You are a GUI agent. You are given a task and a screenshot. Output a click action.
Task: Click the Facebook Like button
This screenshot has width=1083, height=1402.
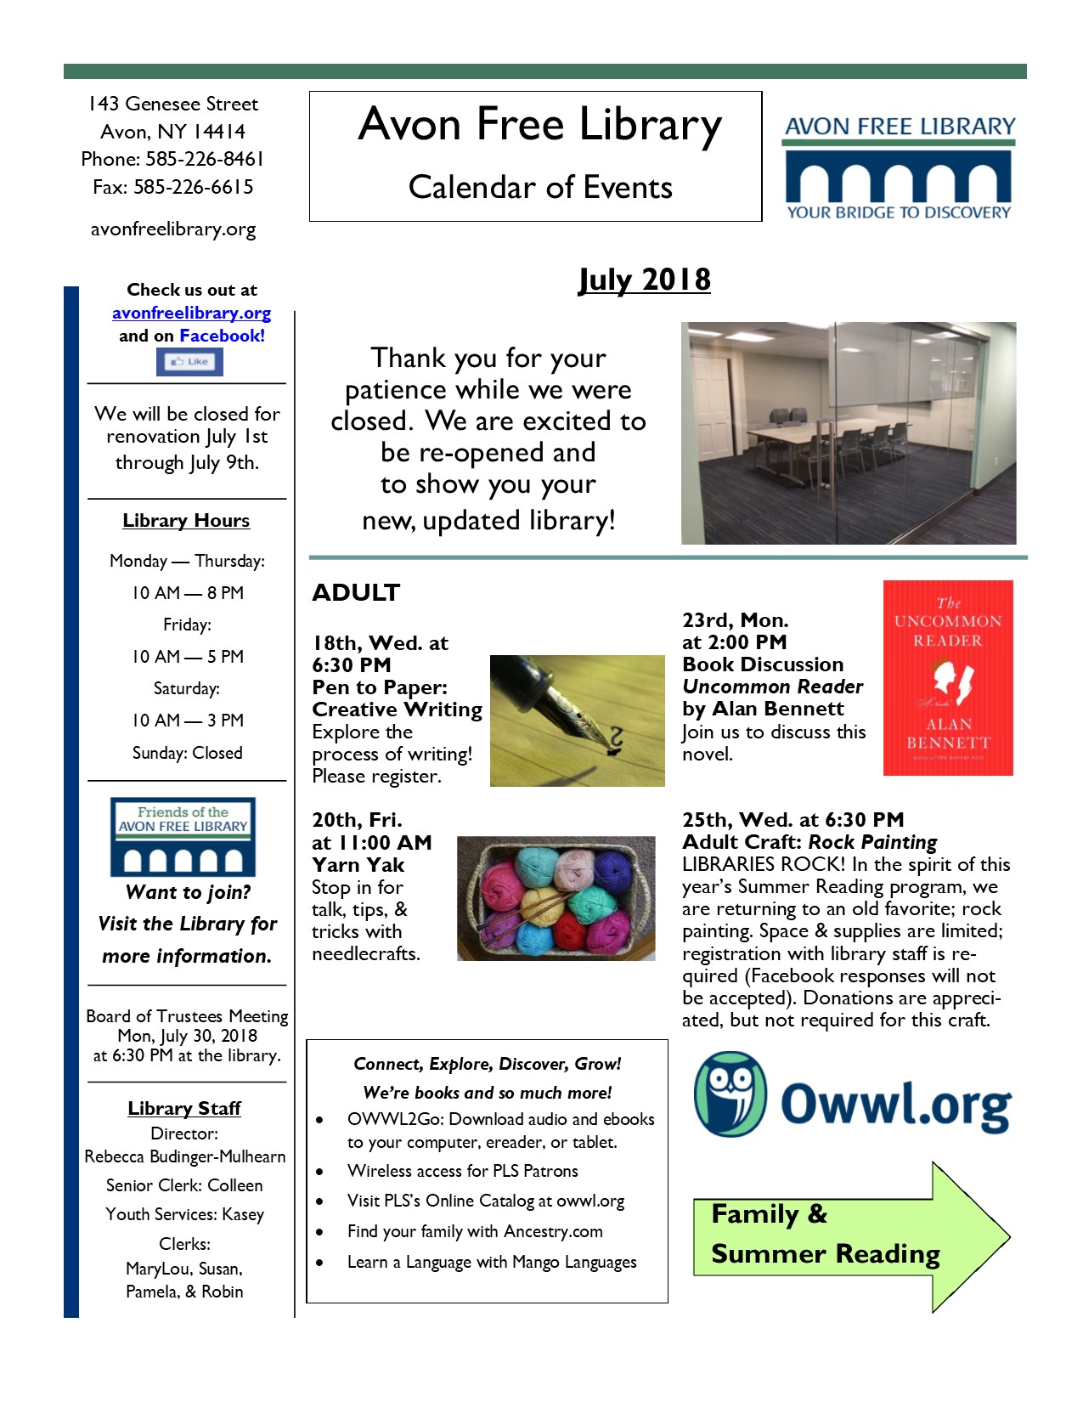point(189,362)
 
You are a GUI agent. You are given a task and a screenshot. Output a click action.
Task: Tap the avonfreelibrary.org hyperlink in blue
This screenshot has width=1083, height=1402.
point(191,313)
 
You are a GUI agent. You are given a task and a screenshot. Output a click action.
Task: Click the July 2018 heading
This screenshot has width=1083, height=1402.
point(644,280)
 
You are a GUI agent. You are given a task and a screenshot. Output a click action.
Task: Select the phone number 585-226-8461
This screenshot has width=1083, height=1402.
point(205,159)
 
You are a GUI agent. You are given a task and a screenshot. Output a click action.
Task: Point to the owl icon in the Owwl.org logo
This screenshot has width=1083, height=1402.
point(730,1094)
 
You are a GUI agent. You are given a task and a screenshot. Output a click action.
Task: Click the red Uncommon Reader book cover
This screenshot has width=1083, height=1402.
point(948,677)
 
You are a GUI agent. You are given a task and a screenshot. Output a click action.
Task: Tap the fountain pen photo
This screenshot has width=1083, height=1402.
point(577,721)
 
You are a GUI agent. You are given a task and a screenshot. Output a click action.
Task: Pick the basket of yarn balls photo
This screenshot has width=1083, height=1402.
point(556,898)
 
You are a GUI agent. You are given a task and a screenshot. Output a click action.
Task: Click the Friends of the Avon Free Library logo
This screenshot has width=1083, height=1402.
point(183,837)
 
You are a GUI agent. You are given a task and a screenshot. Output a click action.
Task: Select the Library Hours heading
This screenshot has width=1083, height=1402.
point(186,520)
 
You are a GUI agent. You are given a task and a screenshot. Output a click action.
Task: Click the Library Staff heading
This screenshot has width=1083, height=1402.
point(184,1108)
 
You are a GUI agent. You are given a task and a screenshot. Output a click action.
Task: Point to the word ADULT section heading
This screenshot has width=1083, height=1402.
point(356,592)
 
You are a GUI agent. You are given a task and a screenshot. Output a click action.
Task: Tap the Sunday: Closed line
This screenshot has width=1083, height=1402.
point(187,753)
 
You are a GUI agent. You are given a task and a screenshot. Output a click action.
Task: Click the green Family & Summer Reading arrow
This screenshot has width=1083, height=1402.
point(850,1236)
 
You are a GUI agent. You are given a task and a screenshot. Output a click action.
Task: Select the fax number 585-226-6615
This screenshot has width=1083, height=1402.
point(194,187)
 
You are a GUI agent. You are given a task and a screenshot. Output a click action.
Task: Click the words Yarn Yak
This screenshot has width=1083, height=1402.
point(358,865)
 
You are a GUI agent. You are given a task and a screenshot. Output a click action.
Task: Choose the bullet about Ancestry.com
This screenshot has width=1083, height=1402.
point(475,1231)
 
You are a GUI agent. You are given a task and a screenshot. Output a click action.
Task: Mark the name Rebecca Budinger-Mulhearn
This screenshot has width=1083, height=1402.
point(185,1156)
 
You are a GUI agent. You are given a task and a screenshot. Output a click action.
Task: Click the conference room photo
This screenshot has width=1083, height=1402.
point(848,432)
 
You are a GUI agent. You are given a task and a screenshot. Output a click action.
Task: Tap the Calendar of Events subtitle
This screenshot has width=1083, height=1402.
point(540,187)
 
